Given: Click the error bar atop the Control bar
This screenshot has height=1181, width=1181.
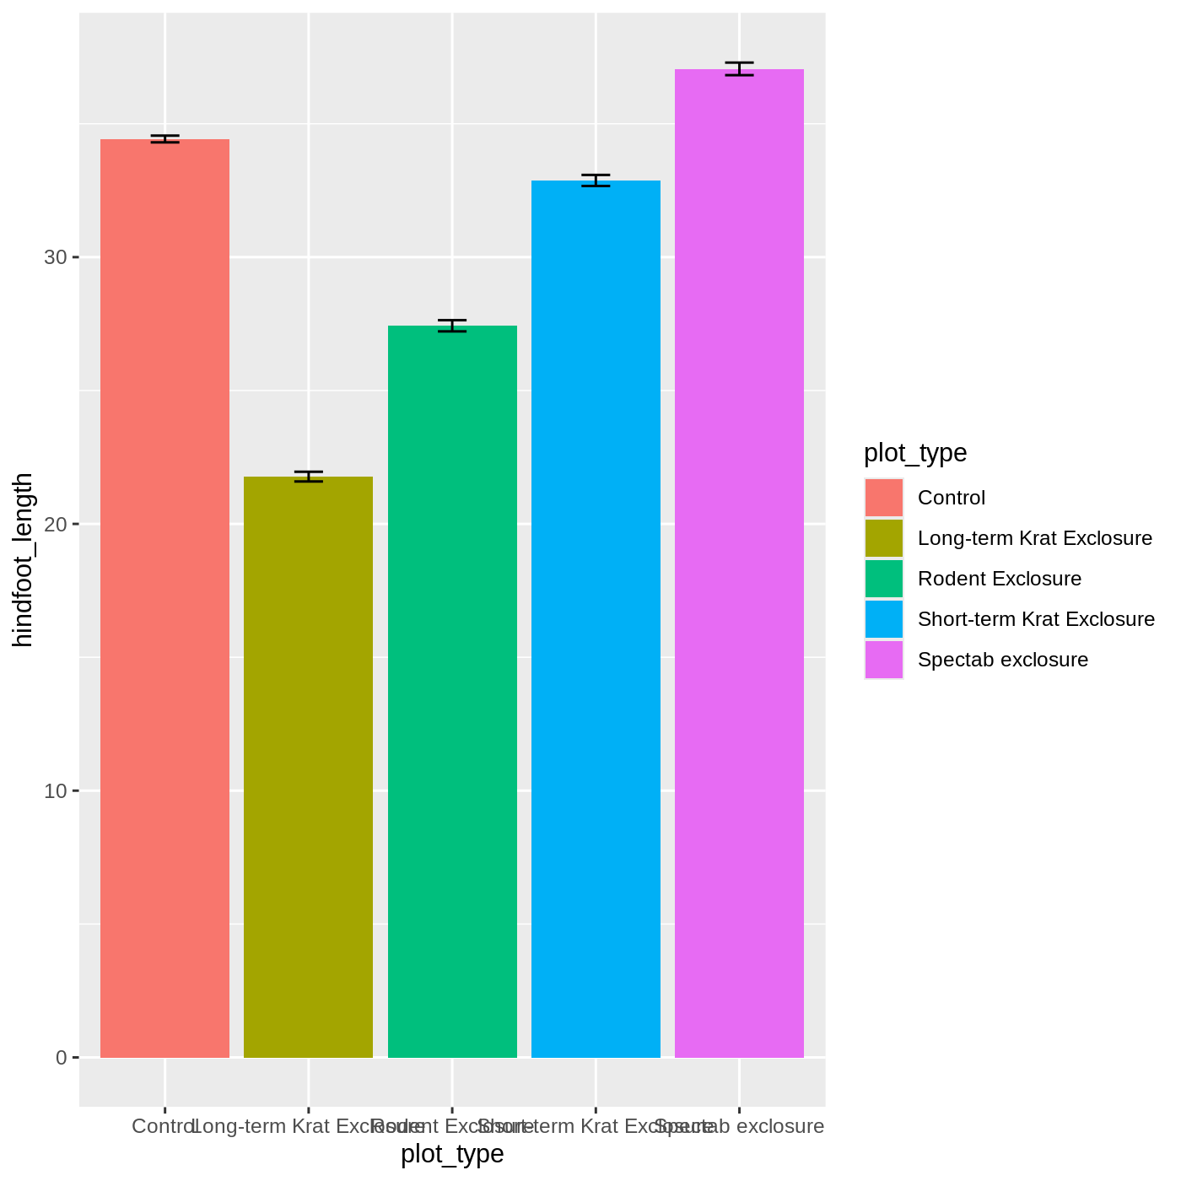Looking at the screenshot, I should [164, 138].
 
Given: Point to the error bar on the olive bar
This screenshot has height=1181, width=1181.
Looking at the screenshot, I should [308, 477].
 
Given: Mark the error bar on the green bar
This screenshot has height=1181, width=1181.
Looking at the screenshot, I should [452, 326].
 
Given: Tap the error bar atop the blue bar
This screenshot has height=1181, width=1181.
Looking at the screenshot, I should [596, 180].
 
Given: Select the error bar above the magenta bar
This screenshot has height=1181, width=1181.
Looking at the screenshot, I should [739, 68].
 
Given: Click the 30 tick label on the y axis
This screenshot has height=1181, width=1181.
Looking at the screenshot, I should [56, 257].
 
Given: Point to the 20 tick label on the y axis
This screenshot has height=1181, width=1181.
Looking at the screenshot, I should [56, 524].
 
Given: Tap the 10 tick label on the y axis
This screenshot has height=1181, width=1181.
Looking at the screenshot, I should [56, 790].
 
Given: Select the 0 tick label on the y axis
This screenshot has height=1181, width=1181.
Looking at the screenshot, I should [61, 1057].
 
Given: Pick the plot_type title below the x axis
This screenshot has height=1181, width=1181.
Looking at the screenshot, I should [452, 1153].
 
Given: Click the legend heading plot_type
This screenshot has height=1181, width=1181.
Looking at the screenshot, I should [915, 453].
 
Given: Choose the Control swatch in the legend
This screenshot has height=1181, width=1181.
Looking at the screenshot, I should [883, 498].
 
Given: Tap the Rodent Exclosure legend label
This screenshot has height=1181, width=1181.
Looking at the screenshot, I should [999, 579].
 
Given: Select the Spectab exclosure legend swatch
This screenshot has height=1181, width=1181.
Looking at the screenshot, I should [883, 660].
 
